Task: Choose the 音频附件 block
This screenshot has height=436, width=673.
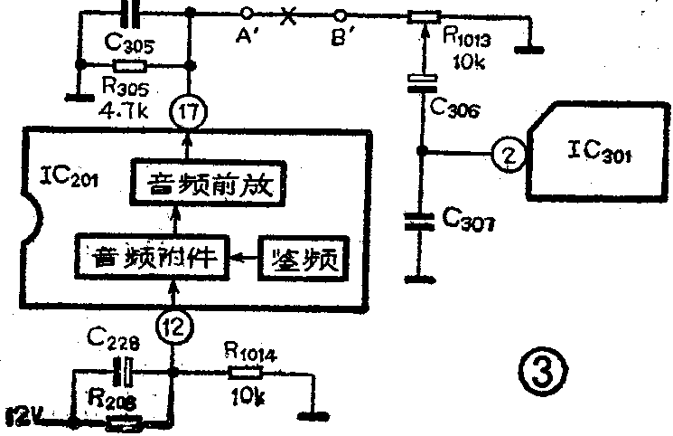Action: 151,259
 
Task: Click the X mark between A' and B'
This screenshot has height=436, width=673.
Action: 290,15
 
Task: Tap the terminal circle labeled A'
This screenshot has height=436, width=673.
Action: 243,14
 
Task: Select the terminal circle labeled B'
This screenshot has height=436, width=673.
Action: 341,14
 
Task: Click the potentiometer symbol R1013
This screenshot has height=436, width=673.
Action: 423,16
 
